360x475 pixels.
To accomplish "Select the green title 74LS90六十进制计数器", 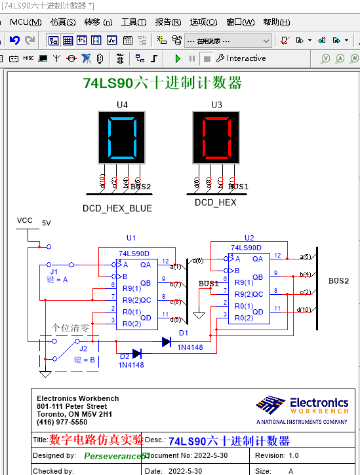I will pos(163,83).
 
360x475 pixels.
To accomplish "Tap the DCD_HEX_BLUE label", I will pos(117,208).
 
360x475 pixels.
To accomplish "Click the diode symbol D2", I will pos(136,354).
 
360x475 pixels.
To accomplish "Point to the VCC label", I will pos(25,220).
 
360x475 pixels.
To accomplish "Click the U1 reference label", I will pos(131,238).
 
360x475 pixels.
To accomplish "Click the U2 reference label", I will pos(249,238).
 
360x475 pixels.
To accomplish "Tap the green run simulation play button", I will pos(178,58).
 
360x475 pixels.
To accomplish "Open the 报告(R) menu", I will pos(168,22).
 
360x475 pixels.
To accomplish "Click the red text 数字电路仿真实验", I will pos(96,440).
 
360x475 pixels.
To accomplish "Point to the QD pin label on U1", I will pos(146,317).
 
